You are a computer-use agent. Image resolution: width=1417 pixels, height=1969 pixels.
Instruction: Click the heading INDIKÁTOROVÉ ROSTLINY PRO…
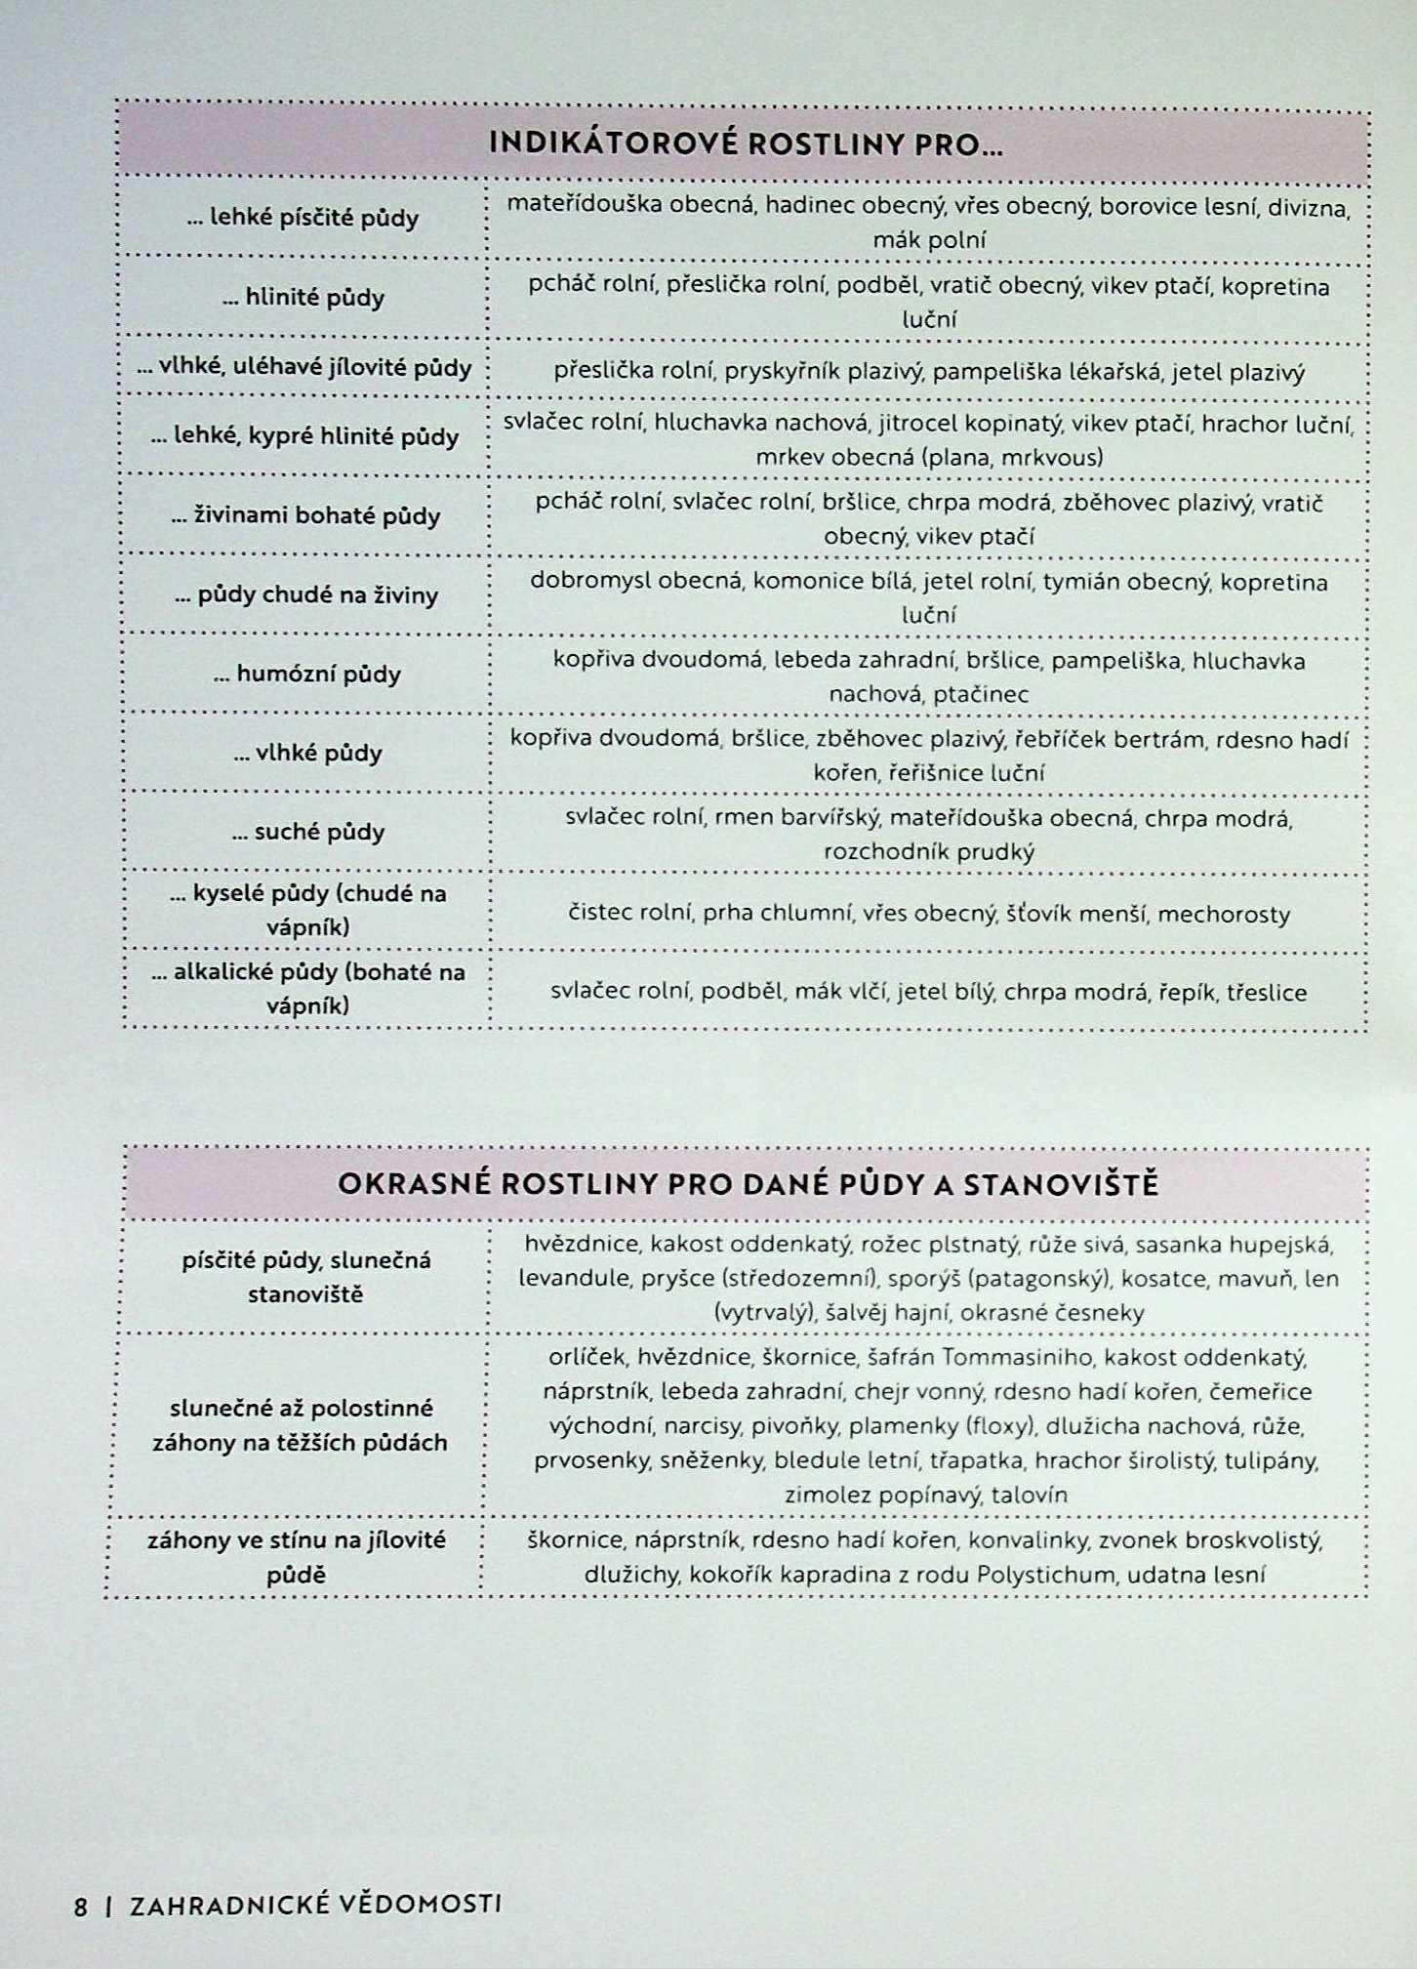click(x=746, y=144)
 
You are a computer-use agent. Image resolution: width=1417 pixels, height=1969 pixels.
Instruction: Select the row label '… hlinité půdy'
click(x=304, y=298)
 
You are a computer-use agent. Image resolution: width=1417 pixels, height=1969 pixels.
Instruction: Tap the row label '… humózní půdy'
click(x=307, y=674)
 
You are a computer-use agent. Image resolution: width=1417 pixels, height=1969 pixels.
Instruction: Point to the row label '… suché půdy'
click(x=308, y=832)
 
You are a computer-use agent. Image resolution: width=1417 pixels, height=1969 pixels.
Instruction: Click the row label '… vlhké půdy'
click(x=308, y=753)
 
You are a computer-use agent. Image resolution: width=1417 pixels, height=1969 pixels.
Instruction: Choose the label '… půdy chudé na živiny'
click(x=306, y=595)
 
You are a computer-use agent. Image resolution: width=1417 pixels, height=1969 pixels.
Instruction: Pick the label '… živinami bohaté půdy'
click(x=305, y=515)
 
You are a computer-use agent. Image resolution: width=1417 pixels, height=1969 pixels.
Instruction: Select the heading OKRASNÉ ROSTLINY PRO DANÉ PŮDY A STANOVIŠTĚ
click(x=748, y=1184)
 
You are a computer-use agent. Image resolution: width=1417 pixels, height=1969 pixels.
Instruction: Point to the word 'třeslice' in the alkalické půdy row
click(x=1267, y=993)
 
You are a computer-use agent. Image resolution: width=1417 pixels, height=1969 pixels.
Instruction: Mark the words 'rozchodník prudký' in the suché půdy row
click(x=928, y=851)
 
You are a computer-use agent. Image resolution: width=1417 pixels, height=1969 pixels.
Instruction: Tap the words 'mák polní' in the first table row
click(x=929, y=240)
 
